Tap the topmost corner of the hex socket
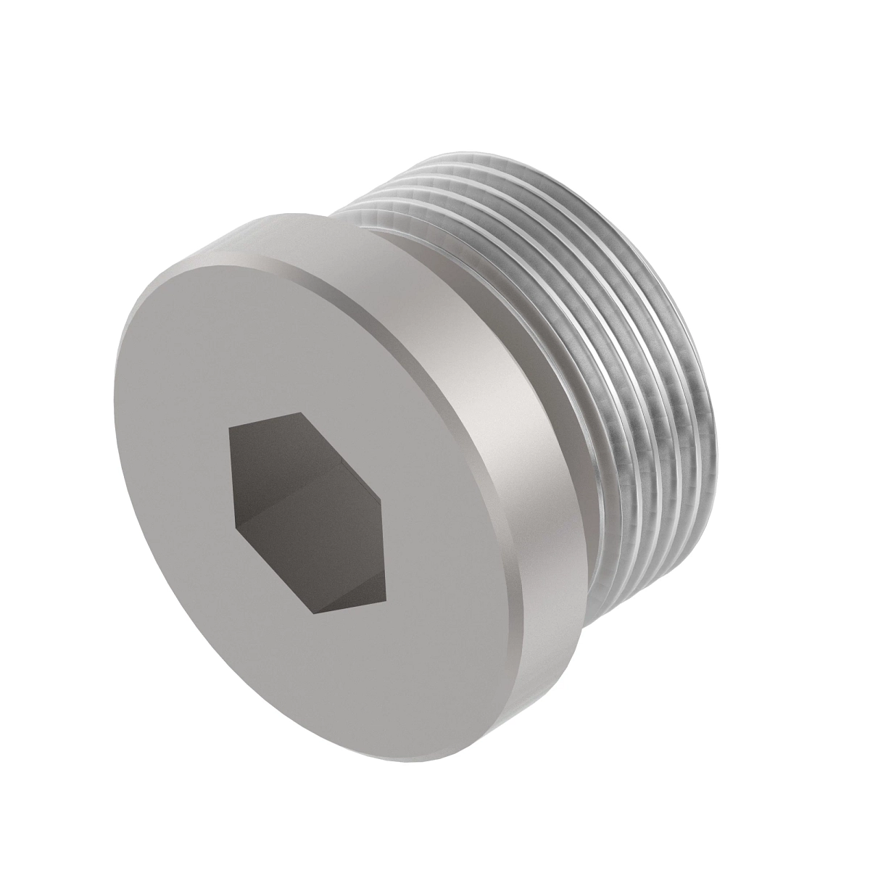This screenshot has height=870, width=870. [299, 413]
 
